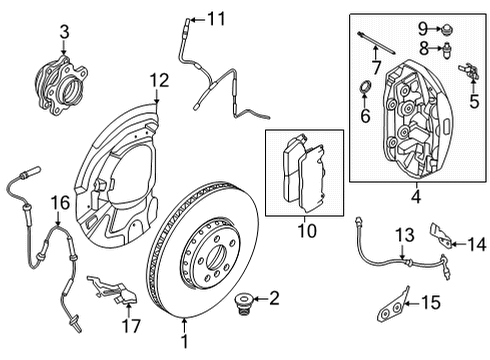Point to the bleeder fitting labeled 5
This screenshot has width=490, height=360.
point(468,73)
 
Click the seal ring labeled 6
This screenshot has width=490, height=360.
point(365,97)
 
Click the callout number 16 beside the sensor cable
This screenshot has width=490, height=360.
point(61,203)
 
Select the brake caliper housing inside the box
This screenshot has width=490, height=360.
point(415,115)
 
